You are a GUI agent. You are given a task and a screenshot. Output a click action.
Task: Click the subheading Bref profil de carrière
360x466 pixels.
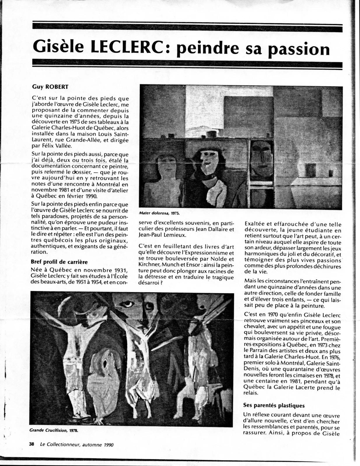pos(59,262)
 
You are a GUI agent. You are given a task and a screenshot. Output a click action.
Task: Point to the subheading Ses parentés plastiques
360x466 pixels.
pos(274,405)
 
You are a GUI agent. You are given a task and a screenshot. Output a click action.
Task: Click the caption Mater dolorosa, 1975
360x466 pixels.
pos(159,213)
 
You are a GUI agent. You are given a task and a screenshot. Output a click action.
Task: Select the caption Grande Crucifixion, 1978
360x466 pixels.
pos(54,430)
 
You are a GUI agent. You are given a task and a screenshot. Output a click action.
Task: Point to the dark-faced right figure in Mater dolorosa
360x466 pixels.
pos(261,156)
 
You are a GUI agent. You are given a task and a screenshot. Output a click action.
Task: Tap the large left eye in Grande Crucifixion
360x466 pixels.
pos(129,304)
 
